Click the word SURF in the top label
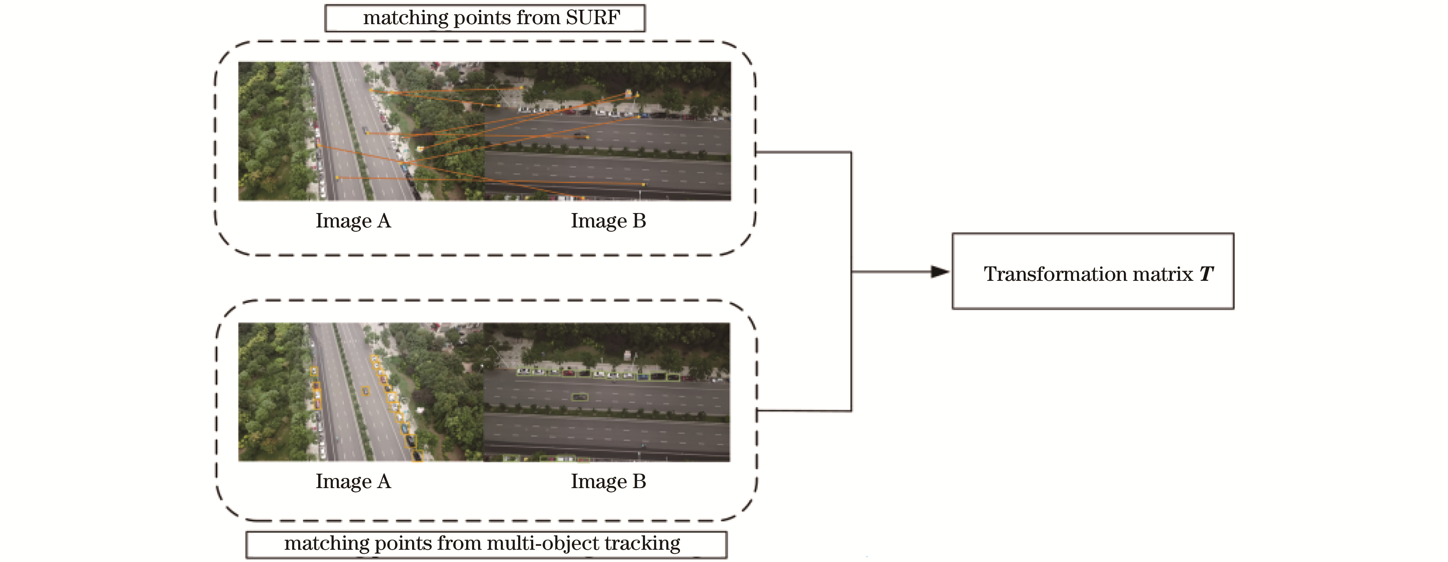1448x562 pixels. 592,18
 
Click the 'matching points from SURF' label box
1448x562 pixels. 485,18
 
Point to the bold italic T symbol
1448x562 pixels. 1206,274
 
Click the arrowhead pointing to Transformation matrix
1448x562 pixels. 940,272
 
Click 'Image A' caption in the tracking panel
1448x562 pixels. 353,482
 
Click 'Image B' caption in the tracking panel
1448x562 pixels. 608,482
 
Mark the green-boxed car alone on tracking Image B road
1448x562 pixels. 579,397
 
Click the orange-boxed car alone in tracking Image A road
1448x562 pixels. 365,391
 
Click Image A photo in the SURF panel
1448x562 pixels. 361,131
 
